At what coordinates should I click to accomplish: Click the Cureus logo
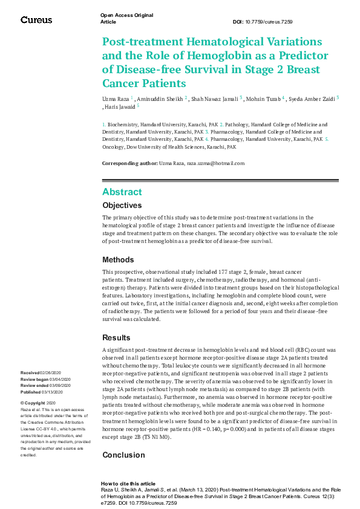coord(36,20)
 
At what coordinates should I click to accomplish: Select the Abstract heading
coord(122,192)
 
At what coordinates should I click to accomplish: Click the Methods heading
coord(118,260)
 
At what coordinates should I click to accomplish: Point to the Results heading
coord(117,337)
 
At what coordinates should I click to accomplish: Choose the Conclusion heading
coord(123,455)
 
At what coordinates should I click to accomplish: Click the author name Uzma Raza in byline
coord(115,97)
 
